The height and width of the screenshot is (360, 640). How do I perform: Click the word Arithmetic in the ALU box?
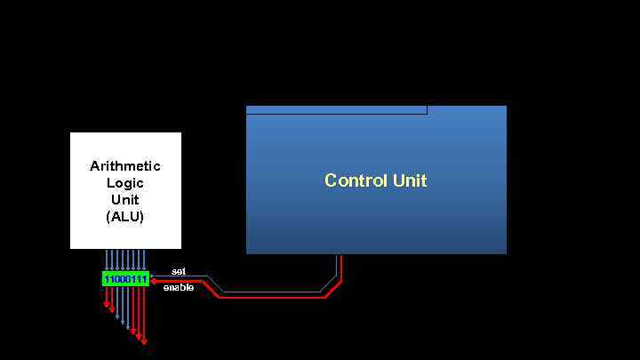click(125, 166)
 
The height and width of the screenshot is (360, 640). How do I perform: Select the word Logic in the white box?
click(125, 183)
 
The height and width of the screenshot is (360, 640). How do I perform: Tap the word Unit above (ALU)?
click(125, 200)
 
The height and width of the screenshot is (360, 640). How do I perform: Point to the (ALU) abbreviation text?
click(125, 217)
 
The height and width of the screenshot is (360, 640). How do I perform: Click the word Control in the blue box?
click(356, 180)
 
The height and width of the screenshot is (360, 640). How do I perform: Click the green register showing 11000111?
click(125, 279)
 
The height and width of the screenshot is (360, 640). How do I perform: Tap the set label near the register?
click(179, 270)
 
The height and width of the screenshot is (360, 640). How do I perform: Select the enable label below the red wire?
click(179, 288)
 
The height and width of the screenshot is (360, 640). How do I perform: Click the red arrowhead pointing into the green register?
click(154, 281)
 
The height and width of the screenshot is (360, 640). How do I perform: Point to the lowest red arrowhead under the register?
click(144, 340)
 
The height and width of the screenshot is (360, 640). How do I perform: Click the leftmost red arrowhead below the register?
click(107, 305)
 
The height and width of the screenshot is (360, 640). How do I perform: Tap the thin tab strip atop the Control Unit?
click(336, 110)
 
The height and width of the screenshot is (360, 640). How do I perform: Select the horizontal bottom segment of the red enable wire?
click(271, 297)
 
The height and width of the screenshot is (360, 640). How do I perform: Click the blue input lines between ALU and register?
click(125, 260)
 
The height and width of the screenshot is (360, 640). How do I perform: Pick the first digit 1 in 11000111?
click(106, 279)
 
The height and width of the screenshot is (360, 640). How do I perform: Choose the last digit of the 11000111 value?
click(145, 279)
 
